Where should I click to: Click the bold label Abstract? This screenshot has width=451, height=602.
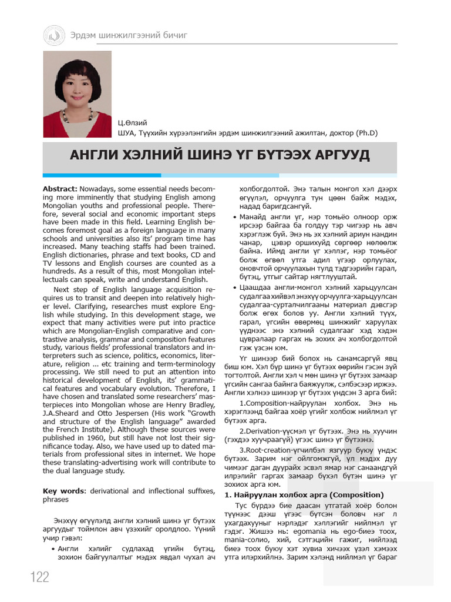coord(60,188)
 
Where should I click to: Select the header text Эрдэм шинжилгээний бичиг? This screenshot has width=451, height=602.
coord(129,36)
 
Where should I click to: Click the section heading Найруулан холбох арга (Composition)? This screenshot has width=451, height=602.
coord(305,494)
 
